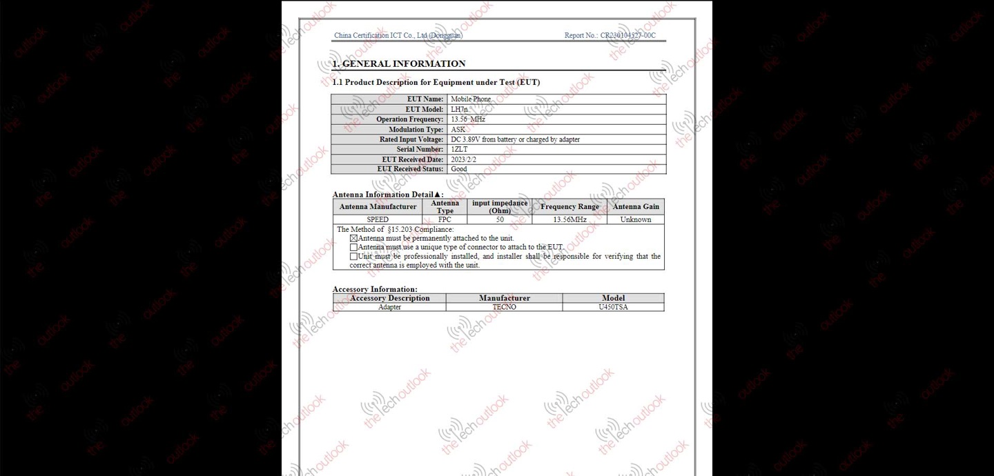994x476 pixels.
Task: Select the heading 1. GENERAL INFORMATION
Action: (x=399, y=64)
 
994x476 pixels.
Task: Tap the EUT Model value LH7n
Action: (x=459, y=109)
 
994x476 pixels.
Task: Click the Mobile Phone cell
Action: (x=471, y=99)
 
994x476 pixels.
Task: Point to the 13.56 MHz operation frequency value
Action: (x=468, y=119)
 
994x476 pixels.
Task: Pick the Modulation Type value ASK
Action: (x=458, y=130)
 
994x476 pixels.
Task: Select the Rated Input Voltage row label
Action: (x=411, y=139)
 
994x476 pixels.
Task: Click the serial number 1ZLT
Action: (x=459, y=149)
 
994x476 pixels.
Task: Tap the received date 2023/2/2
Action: (x=463, y=159)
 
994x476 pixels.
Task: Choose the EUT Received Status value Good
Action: (x=459, y=169)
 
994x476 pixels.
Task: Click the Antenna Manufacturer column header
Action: (x=378, y=207)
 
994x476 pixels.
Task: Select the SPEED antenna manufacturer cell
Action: (x=378, y=220)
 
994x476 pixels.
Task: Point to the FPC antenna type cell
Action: (x=445, y=220)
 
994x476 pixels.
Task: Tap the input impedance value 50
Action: (x=500, y=220)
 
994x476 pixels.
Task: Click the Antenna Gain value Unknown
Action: (x=635, y=220)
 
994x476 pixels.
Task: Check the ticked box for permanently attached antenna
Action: (x=353, y=239)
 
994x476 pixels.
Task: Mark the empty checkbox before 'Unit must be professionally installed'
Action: (x=353, y=257)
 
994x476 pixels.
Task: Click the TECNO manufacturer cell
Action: (x=504, y=307)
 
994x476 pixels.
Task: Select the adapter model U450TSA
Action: (x=613, y=307)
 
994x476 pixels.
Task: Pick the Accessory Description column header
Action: (x=389, y=298)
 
